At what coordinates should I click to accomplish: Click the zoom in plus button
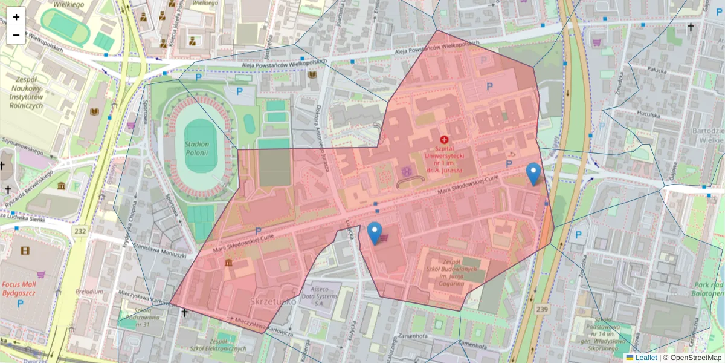pyautogui.click(x=16, y=17)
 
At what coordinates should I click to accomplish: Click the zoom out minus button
pyautogui.click(x=16, y=35)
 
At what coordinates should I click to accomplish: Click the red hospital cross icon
pyautogui.click(x=444, y=139)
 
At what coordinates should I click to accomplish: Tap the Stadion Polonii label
pyautogui.click(x=198, y=148)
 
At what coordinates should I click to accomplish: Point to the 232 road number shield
pyautogui.click(x=80, y=231)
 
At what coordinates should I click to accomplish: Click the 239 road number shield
pyautogui.click(x=542, y=310)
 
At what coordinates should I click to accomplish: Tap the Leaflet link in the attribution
pyautogui.click(x=646, y=358)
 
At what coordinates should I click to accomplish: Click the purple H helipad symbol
pyautogui.click(x=407, y=172)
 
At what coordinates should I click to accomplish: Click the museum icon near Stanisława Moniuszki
pyautogui.click(x=229, y=263)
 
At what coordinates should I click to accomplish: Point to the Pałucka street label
pyautogui.click(x=656, y=70)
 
